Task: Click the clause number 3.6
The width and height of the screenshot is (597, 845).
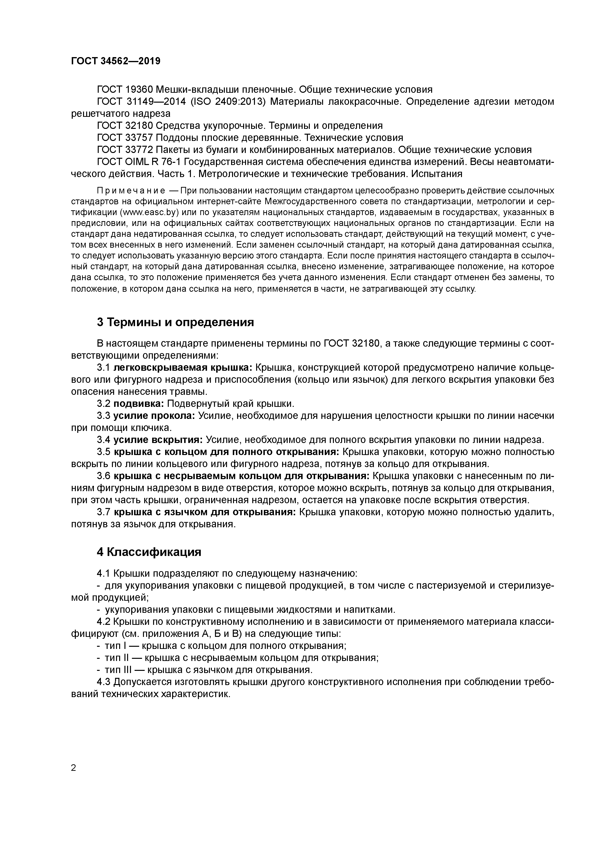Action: (x=104, y=476)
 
